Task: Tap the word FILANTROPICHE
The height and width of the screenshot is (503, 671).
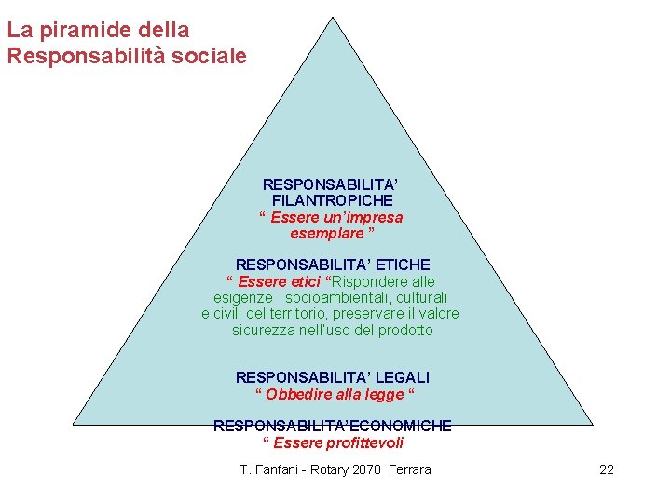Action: tap(332, 200)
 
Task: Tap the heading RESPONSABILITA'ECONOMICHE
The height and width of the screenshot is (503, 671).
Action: tap(332, 426)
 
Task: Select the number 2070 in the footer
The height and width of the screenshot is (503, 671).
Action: tap(369, 469)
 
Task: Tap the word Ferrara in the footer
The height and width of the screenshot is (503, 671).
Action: tap(410, 469)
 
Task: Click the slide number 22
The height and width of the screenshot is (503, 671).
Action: tap(606, 469)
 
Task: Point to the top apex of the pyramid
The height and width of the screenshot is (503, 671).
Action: tap(332, 17)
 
